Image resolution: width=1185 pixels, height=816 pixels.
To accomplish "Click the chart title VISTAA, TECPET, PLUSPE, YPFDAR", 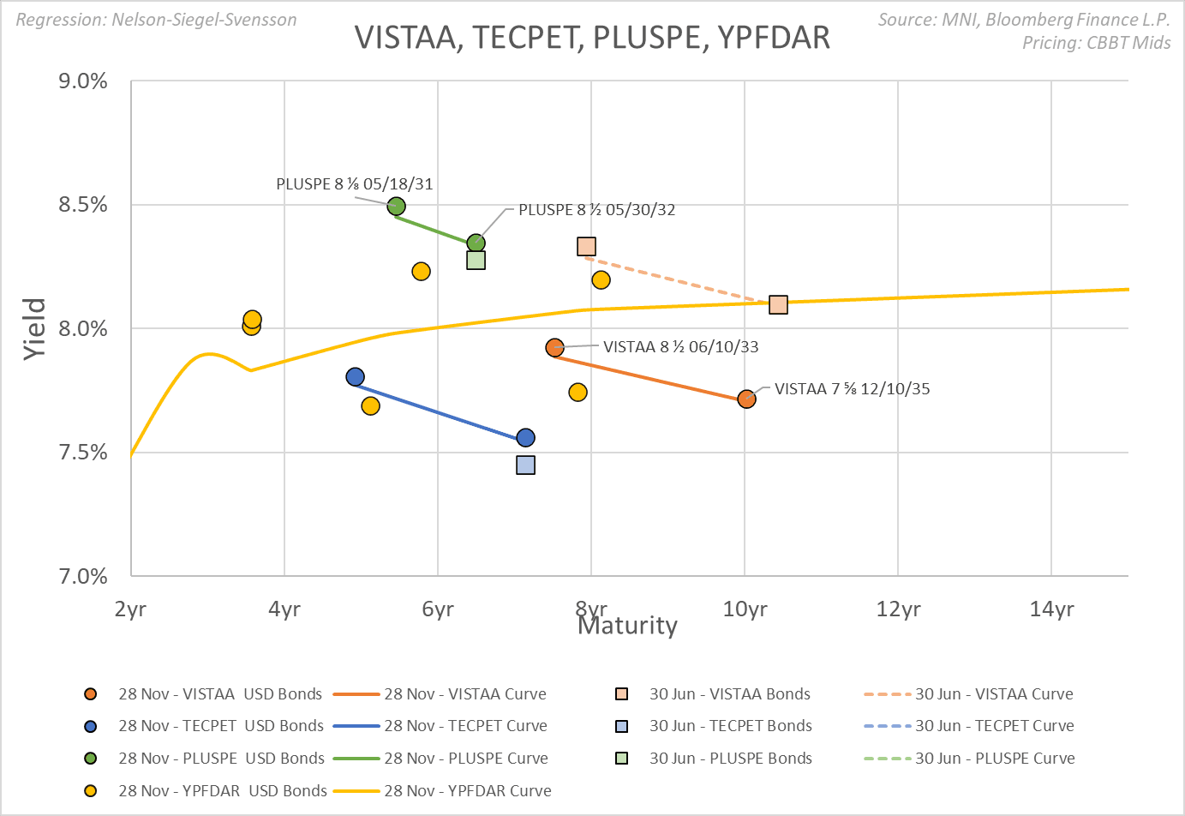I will (x=592, y=38).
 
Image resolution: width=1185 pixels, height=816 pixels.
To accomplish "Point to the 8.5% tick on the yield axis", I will (x=83, y=205).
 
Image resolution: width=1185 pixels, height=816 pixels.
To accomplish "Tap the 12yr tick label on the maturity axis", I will (x=898, y=609).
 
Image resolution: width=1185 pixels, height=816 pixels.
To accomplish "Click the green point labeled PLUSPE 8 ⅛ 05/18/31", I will (x=396, y=207).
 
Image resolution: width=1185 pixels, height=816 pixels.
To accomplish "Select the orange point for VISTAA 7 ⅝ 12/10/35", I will (x=746, y=399).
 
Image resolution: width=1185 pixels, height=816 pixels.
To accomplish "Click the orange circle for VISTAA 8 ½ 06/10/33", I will (x=554, y=348).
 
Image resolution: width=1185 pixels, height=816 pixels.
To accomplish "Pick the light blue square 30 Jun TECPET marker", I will (x=525, y=465).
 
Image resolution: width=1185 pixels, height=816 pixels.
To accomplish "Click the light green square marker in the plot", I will (x=476, y=260).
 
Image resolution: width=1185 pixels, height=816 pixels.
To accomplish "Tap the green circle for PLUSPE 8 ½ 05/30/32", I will (x=476, y=243).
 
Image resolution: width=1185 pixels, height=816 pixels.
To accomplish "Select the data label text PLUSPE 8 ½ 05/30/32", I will (x=596, y=210).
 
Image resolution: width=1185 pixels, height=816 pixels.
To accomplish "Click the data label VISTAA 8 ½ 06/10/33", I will (x=680, y=347).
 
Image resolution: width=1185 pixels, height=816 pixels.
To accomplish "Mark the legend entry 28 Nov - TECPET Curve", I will (x=464, y=726).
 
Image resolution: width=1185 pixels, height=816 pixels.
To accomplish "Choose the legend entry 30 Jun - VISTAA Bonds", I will (x=729, y=694).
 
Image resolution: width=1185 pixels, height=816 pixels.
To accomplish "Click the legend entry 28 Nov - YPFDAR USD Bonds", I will (x=222, y=791).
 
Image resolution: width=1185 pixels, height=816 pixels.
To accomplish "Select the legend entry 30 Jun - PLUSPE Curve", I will (x=994, y=759).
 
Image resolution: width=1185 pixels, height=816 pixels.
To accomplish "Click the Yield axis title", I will (x=34, y=328).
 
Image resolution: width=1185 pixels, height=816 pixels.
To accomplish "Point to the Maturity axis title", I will (x=627, y=626).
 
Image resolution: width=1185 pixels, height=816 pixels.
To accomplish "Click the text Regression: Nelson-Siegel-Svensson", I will (x=157, y=20).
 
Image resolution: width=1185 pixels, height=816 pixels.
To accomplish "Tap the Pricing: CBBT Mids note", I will (x=1096, y=43).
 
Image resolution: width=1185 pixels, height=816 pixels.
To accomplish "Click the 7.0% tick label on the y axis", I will (x=83, y=576).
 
